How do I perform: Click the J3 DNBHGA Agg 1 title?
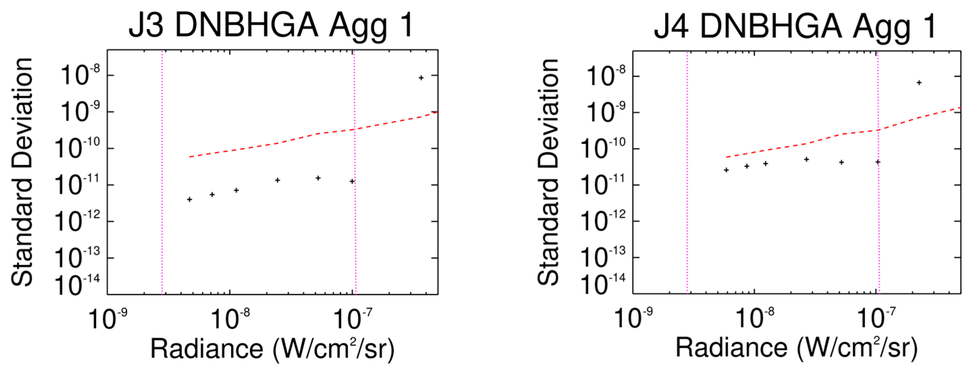271,26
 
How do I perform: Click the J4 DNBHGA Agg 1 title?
795,26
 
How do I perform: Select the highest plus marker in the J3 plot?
421,78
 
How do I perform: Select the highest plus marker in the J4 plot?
919,82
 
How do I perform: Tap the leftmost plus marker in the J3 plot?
189,199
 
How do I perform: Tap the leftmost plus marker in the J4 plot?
726,170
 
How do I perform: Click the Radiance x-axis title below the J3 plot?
272,349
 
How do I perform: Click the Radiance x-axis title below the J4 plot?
797,348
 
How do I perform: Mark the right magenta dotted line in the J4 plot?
878,225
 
